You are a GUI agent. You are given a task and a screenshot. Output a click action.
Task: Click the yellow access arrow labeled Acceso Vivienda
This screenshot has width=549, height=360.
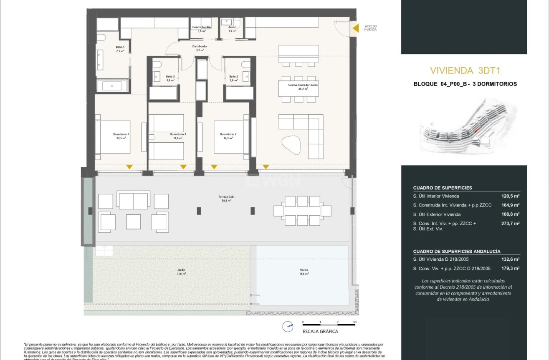point(356,28)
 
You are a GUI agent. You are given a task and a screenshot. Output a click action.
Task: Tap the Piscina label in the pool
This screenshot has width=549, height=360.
point(304,272)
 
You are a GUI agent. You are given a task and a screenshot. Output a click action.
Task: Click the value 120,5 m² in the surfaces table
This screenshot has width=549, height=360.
point(510,196)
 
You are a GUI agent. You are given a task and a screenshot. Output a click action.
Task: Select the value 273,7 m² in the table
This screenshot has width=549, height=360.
point(510,224)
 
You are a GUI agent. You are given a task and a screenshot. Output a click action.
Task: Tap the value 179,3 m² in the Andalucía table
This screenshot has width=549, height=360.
point(510,269)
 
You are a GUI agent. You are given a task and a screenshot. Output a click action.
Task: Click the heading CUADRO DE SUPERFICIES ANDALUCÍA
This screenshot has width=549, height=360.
point(457,252)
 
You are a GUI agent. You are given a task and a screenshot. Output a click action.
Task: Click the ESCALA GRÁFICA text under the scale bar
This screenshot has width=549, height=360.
point(321,332)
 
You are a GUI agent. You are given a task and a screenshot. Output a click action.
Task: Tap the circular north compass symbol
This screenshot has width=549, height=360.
point(287,327)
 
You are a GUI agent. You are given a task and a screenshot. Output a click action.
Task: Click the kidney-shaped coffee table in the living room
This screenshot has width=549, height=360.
point(291,146)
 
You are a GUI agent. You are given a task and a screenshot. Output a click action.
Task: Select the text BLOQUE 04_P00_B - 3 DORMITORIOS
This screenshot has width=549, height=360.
point(465,84)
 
